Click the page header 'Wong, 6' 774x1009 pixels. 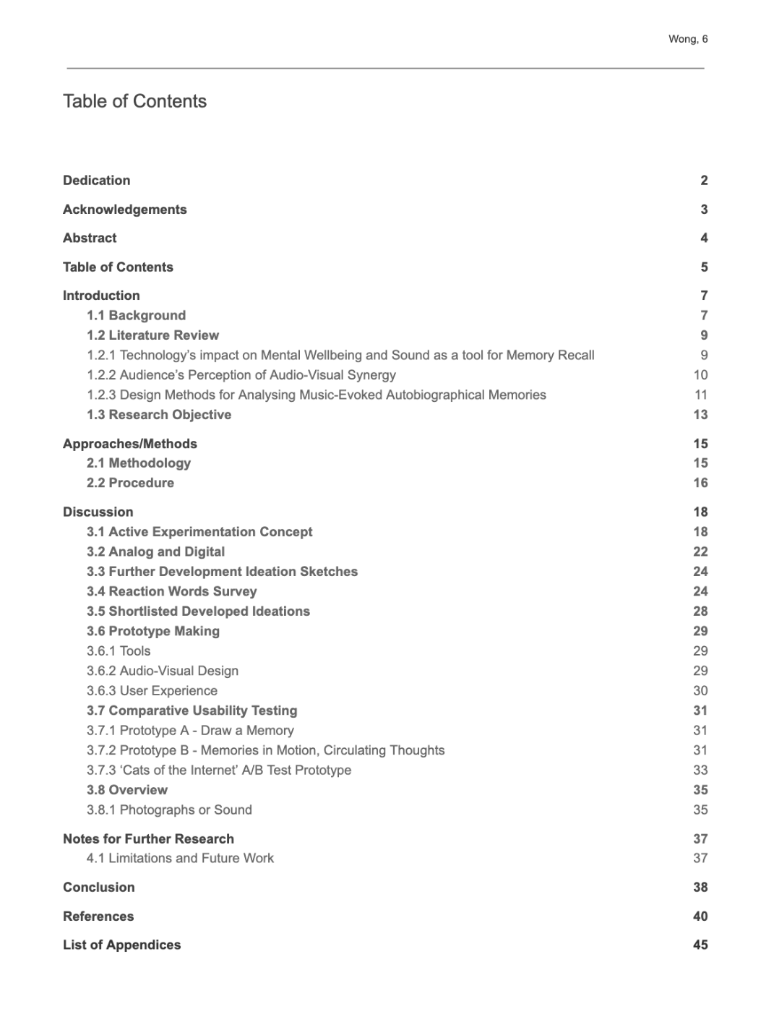[x=687, y=39]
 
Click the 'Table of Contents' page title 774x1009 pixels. [x=134, y=101]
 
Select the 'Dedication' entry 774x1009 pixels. [x=97, y=181]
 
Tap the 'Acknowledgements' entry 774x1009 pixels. [x=124, y=210]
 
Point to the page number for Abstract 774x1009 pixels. [x=704, y=238]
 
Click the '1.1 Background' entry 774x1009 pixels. [x=136, y=315]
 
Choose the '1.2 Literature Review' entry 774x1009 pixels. [x=152, y=335]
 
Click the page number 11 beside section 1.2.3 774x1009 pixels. [x=700, y=395]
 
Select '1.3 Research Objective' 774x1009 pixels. [x=159, y=415]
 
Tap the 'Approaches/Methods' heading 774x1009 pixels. [x=130, y=444]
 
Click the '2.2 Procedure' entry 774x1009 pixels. [x=130, y=483]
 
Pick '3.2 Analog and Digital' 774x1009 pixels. [x=155, y=551]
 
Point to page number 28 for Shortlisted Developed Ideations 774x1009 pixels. [x=700, y=611]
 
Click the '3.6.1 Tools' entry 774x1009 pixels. [x=119, y=651]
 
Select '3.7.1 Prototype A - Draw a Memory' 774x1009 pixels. [x=190, y=731]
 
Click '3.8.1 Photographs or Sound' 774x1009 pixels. [x=169, y=810]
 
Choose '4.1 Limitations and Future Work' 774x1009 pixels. [x=180, y=859]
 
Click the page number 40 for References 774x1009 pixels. [x=700, y=916]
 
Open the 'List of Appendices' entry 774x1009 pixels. [x=121, y=945]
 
